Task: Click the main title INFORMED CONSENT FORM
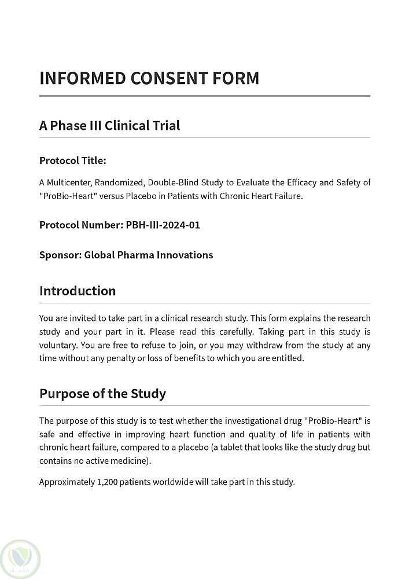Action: coord(149,78)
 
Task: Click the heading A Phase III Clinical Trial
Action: coord(109,125)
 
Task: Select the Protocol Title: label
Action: coord(73,160)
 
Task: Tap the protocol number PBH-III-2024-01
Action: coord(163,225)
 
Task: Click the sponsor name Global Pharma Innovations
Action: coord(149,255)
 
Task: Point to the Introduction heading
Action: coord(78,291)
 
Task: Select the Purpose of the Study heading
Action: coord(102,394)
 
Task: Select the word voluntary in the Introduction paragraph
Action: coord(58,345)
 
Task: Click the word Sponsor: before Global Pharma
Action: coord(60,255)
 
